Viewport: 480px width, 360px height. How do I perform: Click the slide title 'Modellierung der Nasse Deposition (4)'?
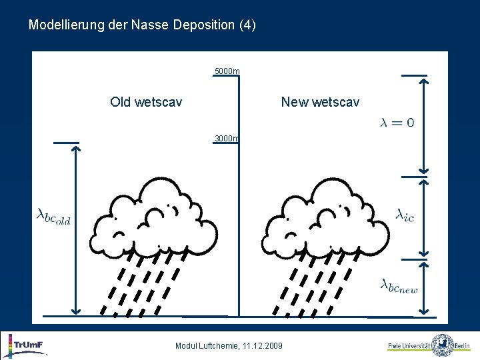tap(142, 25)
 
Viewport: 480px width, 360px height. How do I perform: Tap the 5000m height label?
tap(227, 71)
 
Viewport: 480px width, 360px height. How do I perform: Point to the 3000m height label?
tap(227, 139)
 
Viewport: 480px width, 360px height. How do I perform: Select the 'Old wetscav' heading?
tap(146, 102)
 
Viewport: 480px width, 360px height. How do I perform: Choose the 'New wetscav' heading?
tap(320, 102)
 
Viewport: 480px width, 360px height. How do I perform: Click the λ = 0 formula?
tap(397, 122)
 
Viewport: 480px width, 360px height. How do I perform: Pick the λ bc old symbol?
tap(53, 216)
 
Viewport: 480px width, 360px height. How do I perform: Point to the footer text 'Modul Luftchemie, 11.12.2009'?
tap(229, 345)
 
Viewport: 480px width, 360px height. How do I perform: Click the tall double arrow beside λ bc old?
tap(76, 230)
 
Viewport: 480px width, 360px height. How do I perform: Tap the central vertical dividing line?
tap(239, 200)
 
